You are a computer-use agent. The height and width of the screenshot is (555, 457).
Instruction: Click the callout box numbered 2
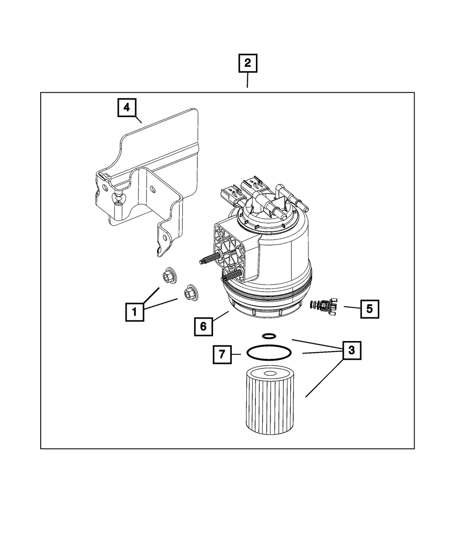247,64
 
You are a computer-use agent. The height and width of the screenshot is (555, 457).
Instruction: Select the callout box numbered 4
126,108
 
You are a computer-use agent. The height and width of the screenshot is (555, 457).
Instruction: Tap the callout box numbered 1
134,313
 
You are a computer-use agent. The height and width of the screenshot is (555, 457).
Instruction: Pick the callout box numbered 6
203,326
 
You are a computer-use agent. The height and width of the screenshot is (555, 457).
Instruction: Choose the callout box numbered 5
369,309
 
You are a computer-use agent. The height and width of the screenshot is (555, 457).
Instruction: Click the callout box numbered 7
222,354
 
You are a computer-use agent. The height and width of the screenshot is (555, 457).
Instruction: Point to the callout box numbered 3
351,350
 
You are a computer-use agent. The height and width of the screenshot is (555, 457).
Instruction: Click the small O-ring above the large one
269,336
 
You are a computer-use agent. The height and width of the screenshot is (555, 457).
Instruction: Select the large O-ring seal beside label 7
269,353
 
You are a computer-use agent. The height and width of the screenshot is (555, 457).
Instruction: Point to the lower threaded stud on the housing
231,276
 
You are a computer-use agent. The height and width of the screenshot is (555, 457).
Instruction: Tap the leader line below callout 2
247,80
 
